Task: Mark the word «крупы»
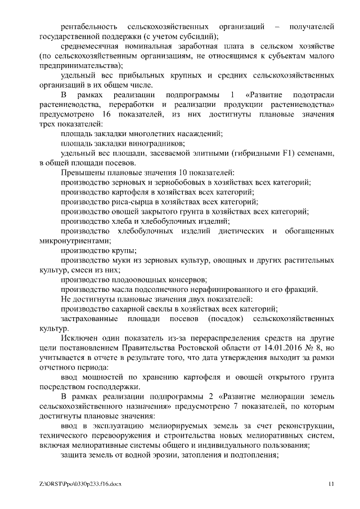coord(125,251)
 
